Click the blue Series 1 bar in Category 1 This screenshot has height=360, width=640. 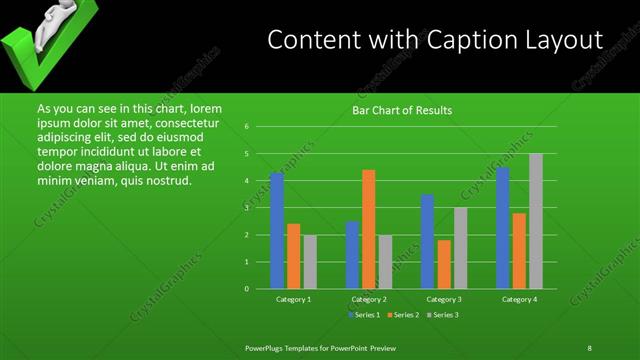click(277, 231)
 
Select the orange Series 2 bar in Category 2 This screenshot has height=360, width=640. click(369, 229)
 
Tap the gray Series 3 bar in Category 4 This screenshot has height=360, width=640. click(536, 221)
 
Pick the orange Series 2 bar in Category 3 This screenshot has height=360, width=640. click(444, 264)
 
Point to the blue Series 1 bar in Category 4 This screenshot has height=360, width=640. click(503, 228)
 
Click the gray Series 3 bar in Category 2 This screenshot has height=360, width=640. click(385, 262)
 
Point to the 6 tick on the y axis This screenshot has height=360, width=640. click(246, 127)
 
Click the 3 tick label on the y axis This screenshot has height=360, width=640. click(246, 208)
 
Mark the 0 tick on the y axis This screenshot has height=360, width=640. click(246, 289)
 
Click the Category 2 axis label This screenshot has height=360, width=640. click(369, 299)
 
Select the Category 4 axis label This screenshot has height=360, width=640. click(519, 299)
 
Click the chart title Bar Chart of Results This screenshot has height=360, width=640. click(402, 110)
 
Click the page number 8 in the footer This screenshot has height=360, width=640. click(589, 347)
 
